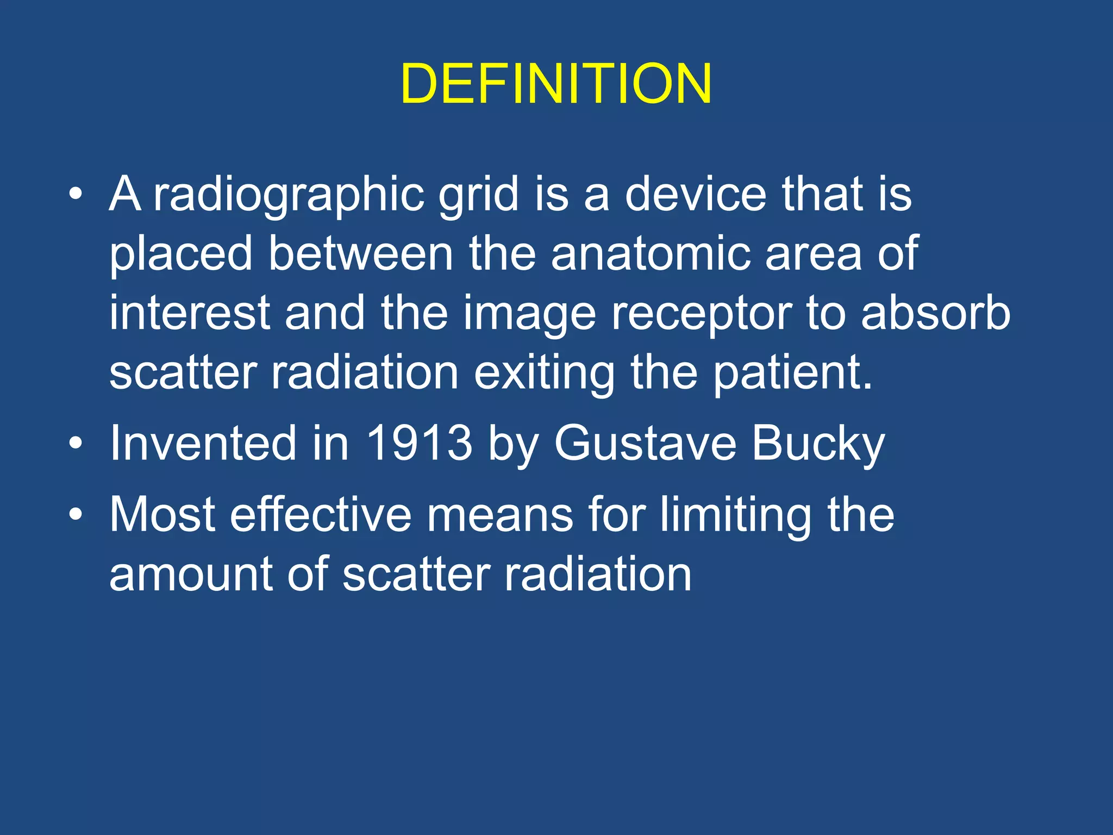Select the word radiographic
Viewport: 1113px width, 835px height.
[x=288, y=195]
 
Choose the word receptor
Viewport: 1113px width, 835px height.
[x=701, y=314]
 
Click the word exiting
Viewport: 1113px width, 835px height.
[x=545, y=373]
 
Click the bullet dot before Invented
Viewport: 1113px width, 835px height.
[x=76, y=443]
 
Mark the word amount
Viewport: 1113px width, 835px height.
[x=191, y=575]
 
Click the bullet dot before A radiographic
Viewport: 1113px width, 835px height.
[x=76, y=194]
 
